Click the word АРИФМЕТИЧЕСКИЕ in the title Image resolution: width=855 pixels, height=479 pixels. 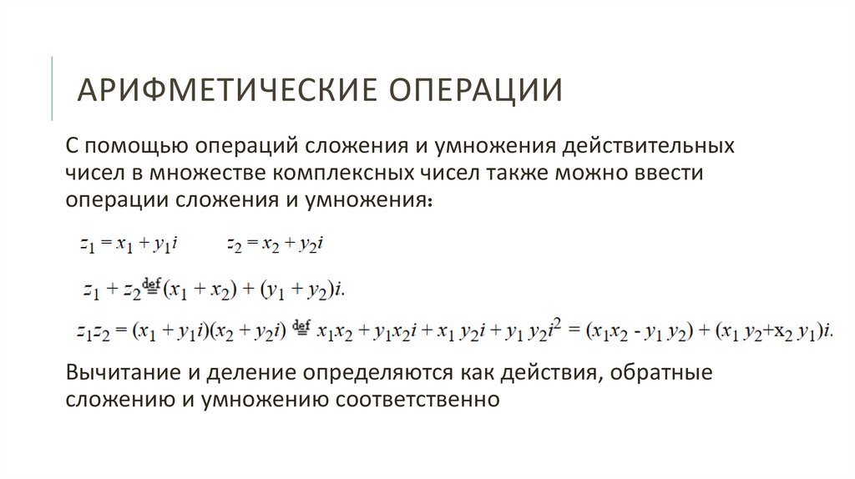pos(212,89)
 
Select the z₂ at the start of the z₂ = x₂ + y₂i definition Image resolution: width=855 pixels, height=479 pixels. pos(235,245)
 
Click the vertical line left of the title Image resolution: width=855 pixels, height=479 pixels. pos(52,88)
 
